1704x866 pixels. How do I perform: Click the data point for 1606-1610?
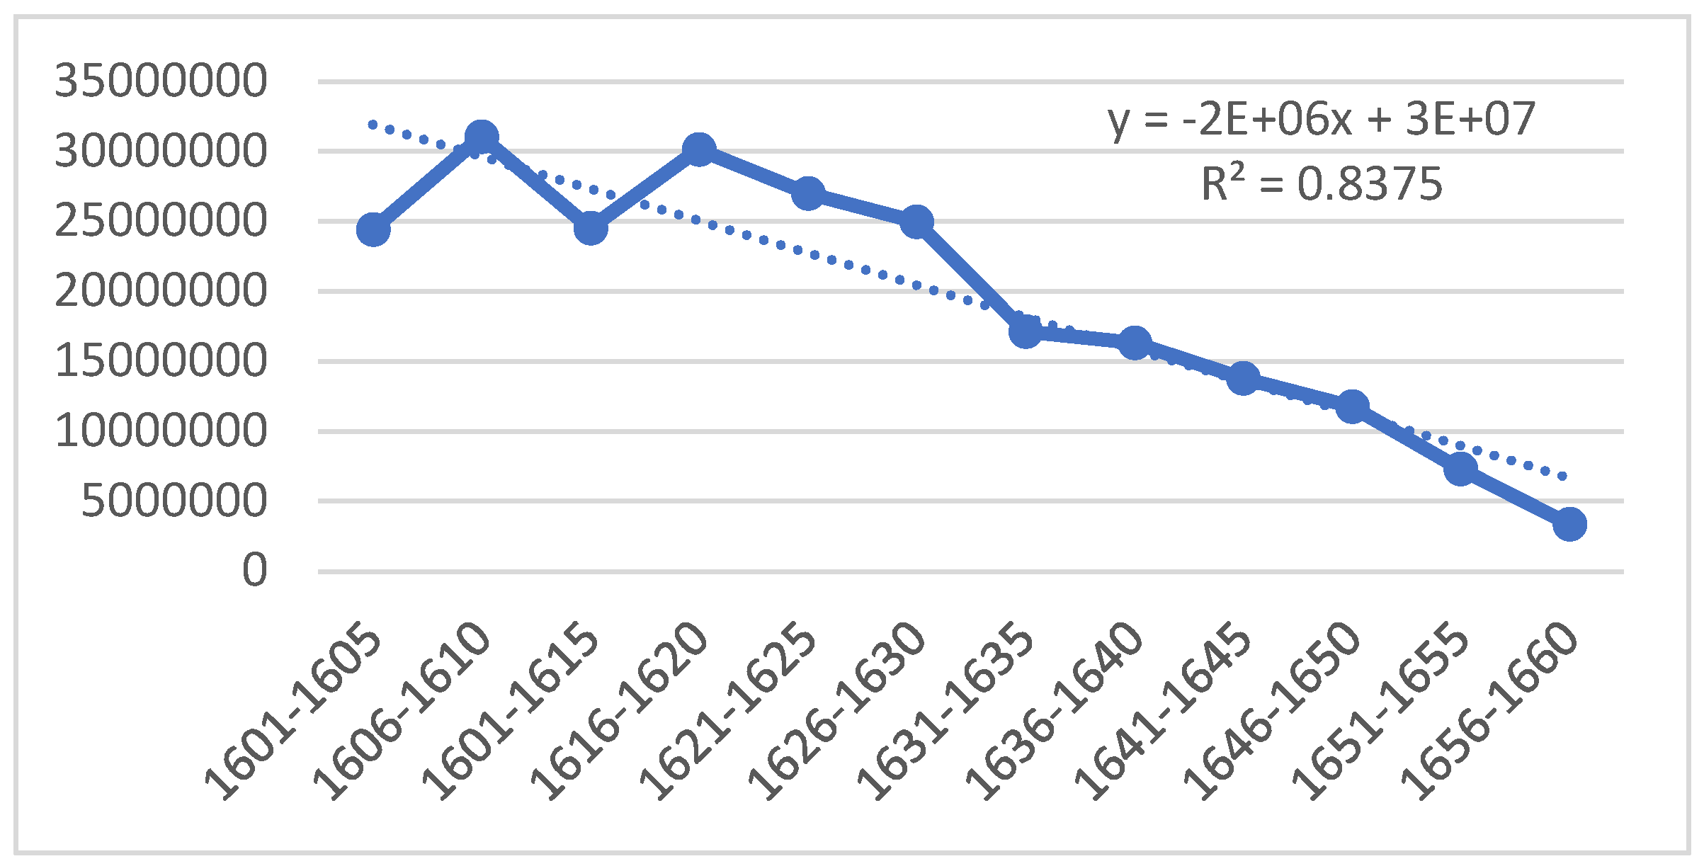pyautogui.click(x=482, y=137)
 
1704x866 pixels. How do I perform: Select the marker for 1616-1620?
pyautogui.click(x=699, y=149)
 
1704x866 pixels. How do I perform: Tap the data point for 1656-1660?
pyautogui.click(x=1569, y=524)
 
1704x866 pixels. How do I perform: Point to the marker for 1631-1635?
pyautogui.click(x=1026, y=331)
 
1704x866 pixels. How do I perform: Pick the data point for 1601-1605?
pyautogui.click(x=373, y=229)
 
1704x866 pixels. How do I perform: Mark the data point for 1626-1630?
pyautogui.click(x=916, y=222)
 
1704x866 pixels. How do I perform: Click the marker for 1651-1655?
pyautogui.click(x=1460, y=469)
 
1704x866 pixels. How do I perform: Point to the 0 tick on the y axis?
pyautogui.click(x=254, y=570)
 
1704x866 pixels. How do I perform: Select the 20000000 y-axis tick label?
pyautogui.click(x=161, y=290)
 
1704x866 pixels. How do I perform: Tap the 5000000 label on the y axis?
pyautogui.click(x=174, y=501)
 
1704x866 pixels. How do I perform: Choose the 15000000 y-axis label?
pyautogui.click(x=161, y=360)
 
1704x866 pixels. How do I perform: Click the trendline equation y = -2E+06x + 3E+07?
pyautogui.click(x=1322, y=119)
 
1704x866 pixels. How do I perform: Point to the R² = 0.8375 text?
pyautogui.click(x=1322, y=184)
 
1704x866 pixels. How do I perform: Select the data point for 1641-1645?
pyautogui.click(x=1243, y=378)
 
